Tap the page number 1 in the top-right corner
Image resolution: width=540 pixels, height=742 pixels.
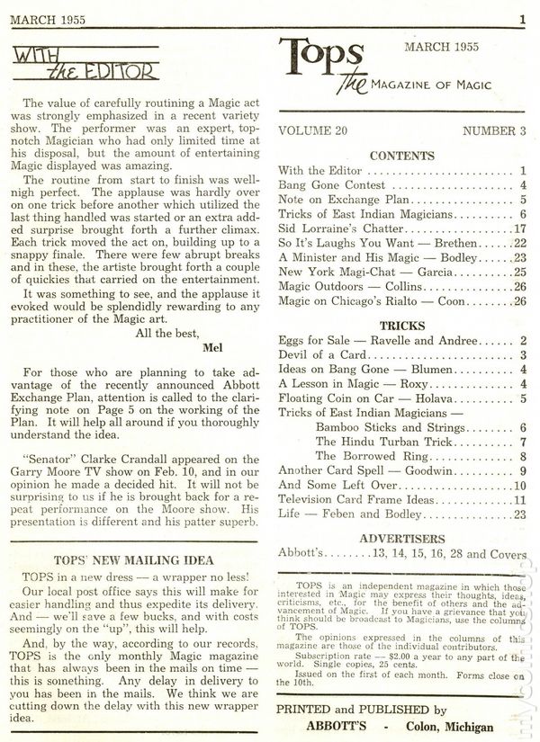point(522,18)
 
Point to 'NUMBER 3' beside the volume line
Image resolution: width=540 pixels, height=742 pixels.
point(494,130)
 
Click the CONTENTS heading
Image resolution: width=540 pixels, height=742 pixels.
point(402,155)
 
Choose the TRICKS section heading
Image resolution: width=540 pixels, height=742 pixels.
point(402,326)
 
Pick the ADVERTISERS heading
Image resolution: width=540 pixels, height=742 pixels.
point(402,538)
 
